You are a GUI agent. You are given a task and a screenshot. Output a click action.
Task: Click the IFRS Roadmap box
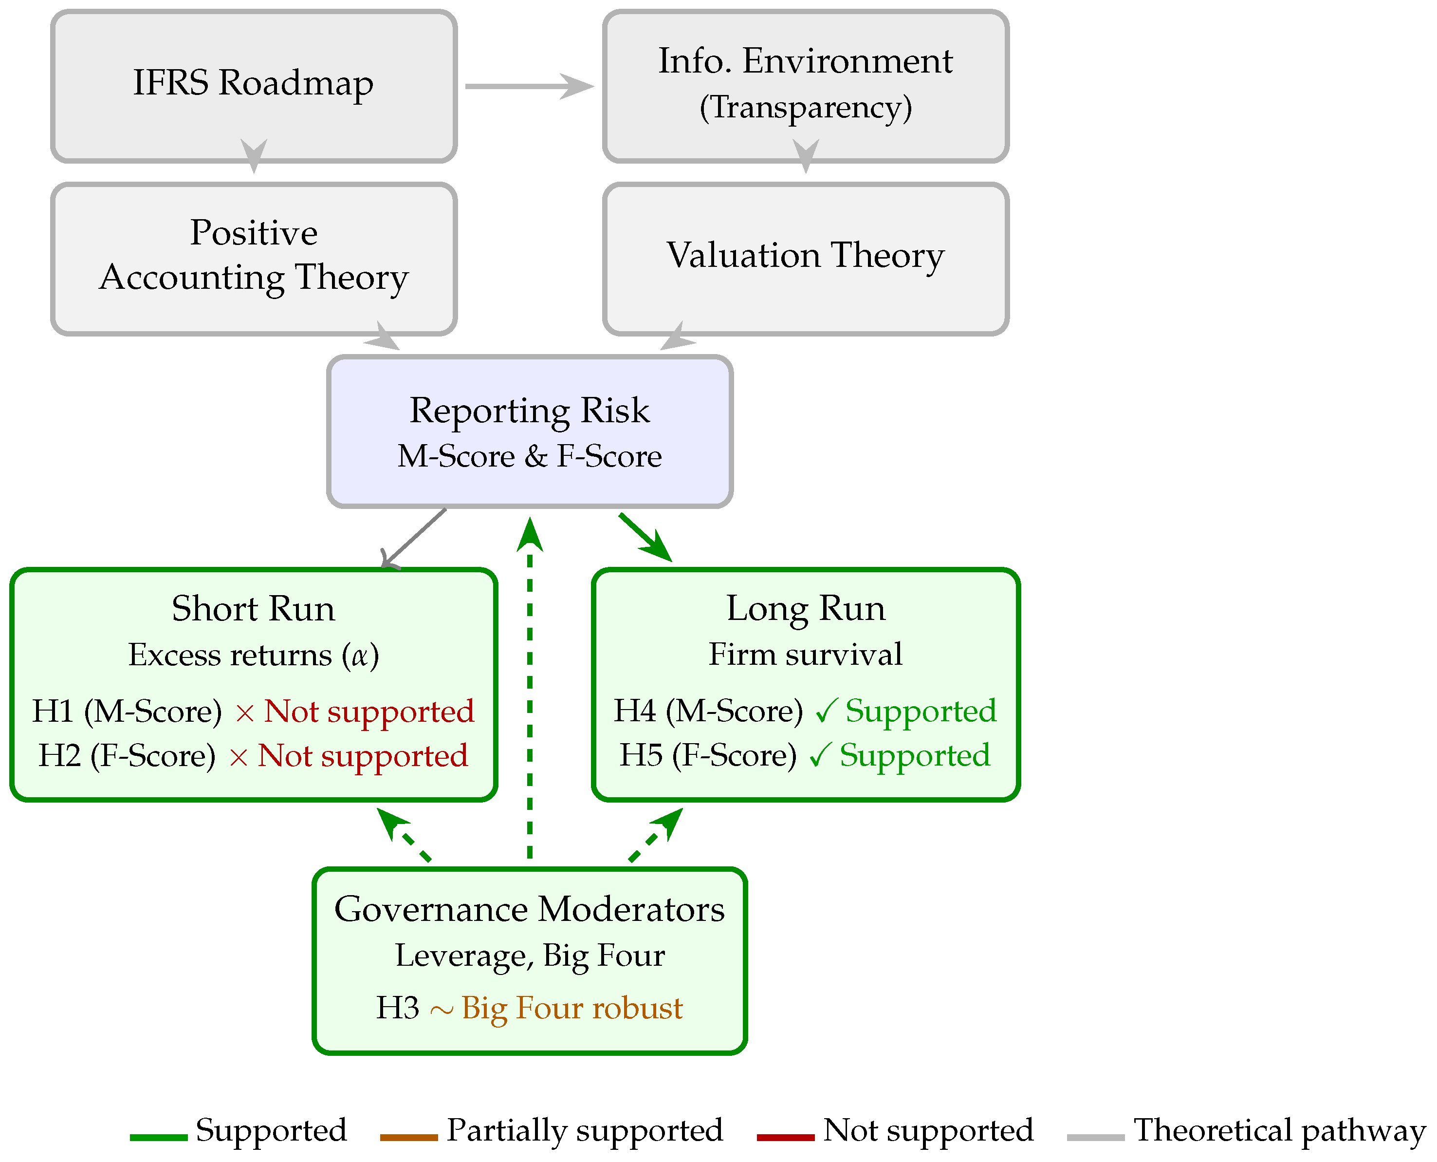pos(254,86)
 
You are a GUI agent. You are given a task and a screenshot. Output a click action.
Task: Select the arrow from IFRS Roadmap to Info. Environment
pos(529,86)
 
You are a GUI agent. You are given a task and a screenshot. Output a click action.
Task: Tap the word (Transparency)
pos(806,107)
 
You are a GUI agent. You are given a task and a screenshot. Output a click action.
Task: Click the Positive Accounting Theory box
pos(254,259)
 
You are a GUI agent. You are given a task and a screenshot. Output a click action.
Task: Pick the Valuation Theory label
pos(806,255)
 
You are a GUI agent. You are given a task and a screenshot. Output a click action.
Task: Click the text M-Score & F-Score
pos(529,456)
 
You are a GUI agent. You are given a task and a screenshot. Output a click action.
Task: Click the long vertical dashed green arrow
pos(530,688)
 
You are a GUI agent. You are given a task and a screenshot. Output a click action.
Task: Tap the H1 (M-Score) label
pos(127,711)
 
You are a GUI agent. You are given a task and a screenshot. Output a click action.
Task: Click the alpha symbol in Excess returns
pos(360,656)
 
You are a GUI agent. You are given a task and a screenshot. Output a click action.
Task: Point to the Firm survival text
pos(806,654)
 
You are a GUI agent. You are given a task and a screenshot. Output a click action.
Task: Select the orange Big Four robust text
pos(572,1008)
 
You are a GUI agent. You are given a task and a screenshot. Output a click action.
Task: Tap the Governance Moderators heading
pos(529,909)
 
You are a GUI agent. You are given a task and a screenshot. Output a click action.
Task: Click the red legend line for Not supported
pos(785,1137)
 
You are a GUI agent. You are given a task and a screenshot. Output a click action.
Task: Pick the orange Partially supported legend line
pos(409,1137)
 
